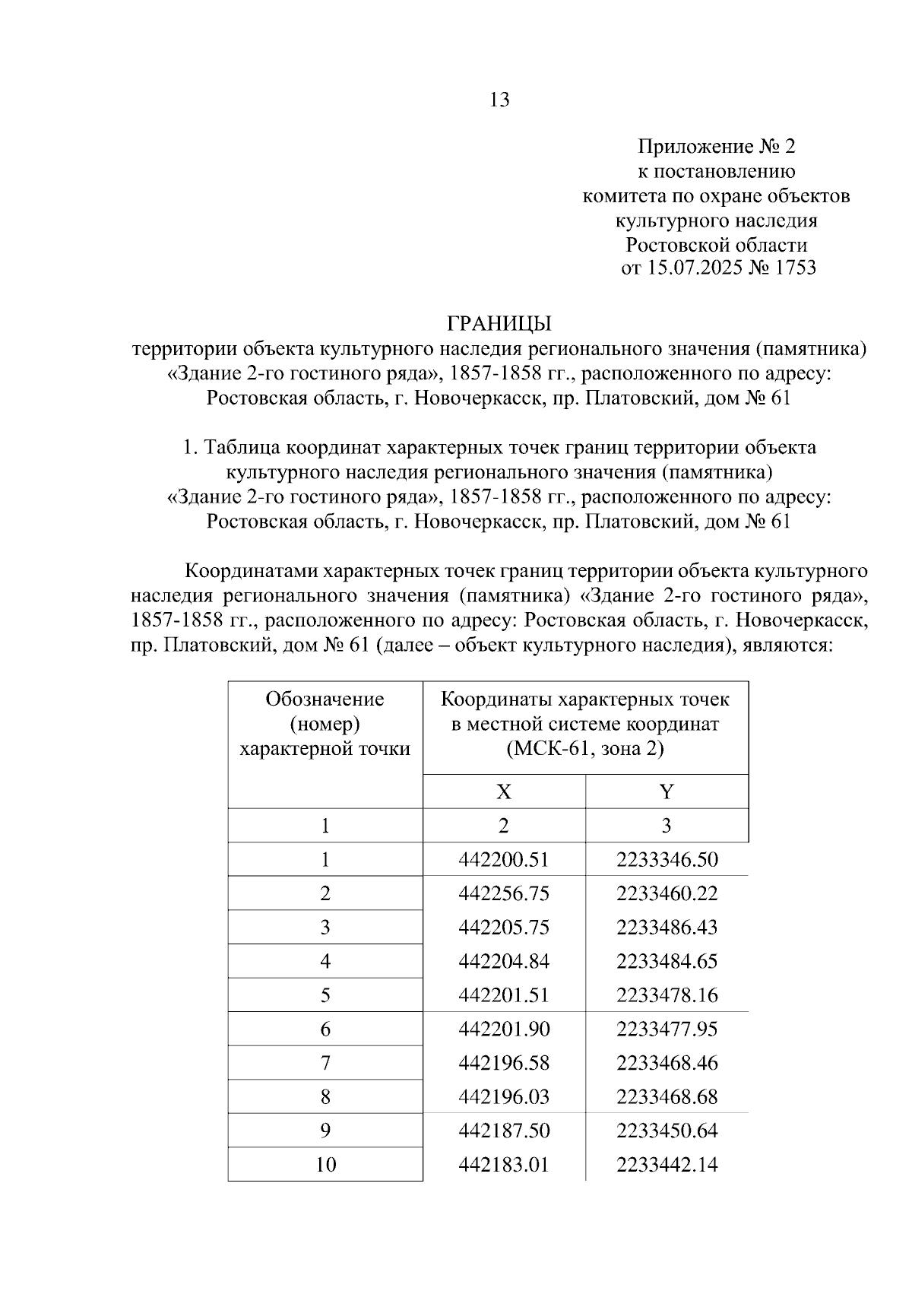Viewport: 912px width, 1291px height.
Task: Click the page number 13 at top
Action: tap(500, 100)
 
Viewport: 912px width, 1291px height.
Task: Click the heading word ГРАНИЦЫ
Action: tap(499, 324)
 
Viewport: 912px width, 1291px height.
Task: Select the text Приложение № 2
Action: tap(716, 146)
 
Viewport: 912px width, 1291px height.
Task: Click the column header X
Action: tap(504, 792)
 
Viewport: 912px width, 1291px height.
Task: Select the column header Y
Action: tap(667, 792)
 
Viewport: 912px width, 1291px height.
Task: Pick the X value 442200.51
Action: tap(503, 860)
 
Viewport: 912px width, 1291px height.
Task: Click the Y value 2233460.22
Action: tap(667, 893)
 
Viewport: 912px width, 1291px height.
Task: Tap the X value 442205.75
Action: tap(503, 928)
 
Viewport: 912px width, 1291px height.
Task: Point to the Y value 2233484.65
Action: tap(667, 961)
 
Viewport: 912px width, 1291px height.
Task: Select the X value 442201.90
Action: tap(503, 1029)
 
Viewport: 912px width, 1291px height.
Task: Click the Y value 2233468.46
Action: tap(667, 1063)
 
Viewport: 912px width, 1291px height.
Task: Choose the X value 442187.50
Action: tap(503, 1131)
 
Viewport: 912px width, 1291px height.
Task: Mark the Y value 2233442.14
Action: tap(667, 1165)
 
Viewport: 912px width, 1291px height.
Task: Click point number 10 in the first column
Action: tap(325, 1165)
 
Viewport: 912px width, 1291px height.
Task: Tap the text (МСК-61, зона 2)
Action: tap(585, 749)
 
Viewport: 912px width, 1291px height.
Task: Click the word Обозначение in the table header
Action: tap(325, 699)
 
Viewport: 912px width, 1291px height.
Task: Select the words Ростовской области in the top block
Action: tap(716, 245)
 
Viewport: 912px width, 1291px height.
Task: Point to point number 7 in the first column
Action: tap(325, 1063)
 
